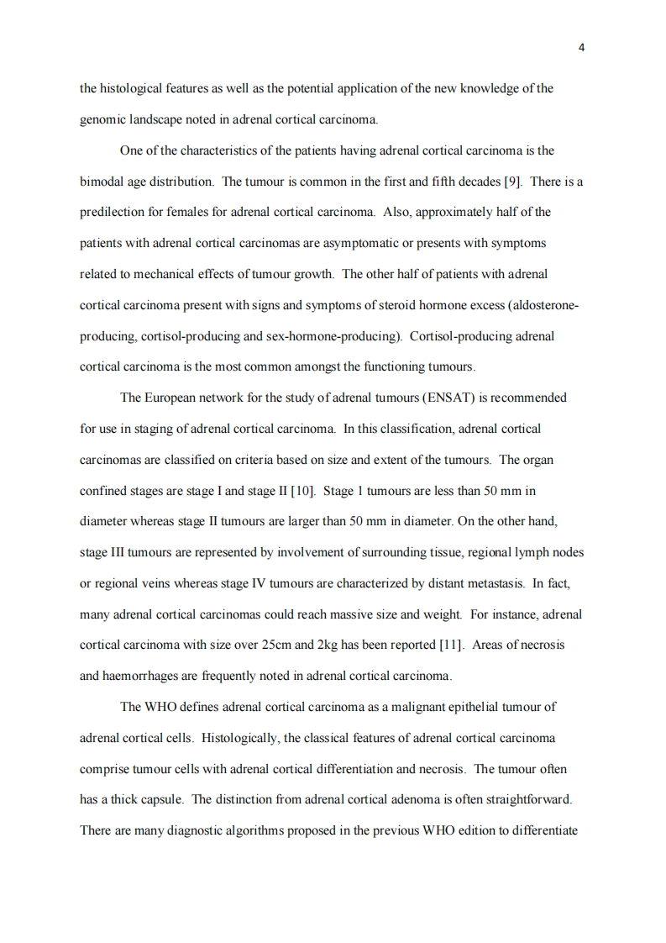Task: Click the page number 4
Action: [581, 47]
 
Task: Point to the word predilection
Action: [113, 211]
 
